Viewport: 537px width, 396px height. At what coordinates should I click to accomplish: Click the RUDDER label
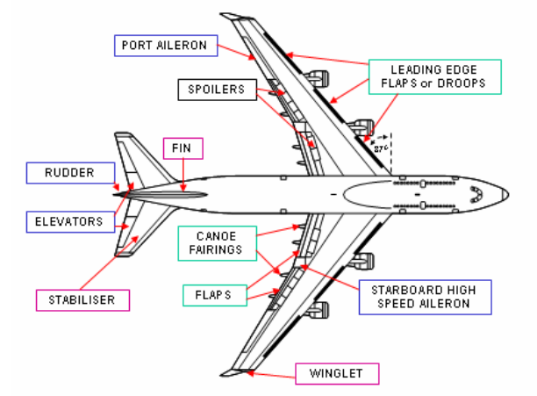tap(70, 173)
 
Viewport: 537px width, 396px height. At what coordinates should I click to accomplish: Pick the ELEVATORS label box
tap(70, 220)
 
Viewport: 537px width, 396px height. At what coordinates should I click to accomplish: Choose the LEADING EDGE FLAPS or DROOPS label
tap(433, 77)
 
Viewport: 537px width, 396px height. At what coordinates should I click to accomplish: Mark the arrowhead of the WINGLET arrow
tap(248, 372)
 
